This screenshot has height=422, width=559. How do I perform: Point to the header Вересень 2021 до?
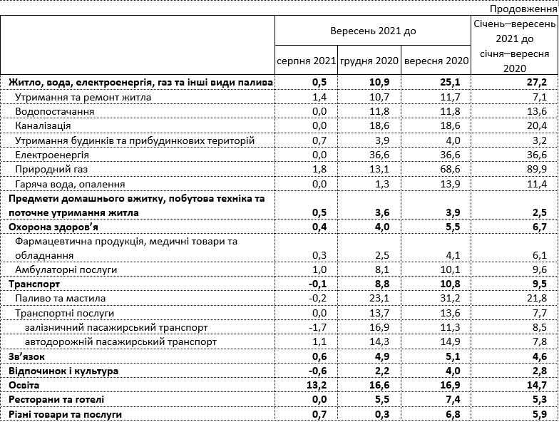point(373,32)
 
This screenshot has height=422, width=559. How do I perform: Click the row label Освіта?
point(25,385)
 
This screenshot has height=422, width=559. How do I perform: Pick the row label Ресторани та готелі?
point(56,399)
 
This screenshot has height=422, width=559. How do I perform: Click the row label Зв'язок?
point(29,356)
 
